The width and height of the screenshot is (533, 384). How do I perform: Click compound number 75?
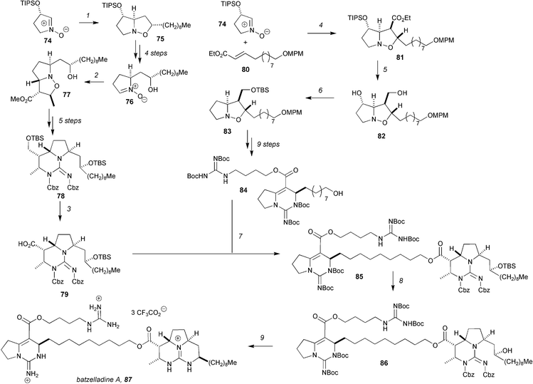(x=160, y=38)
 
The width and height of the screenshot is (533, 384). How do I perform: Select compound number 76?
(x=130, y=102)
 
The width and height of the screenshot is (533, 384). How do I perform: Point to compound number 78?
(x=60, y=197)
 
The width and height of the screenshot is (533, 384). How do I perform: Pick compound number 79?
(x=64, y=294)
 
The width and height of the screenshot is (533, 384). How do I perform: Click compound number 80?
(x=246, y=69)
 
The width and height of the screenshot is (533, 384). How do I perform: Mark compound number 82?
(x=381, y=136)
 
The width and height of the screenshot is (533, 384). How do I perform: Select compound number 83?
(x=227, y=130)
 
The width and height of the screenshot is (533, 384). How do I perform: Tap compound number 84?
(x=243, y=190)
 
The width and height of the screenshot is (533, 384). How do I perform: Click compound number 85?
(x=359, y=276)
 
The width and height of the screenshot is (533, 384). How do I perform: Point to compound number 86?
(x=384, y=363)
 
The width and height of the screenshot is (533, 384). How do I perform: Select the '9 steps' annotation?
(x=268, y=145)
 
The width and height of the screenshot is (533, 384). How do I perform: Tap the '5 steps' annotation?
(x=70, y=120)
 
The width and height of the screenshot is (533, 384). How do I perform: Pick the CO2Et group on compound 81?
(x=401, y=18)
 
